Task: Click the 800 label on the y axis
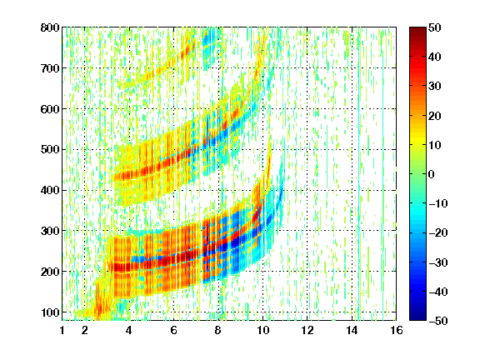pos(50,27)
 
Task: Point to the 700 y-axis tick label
pos(50,68)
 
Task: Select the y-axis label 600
pos(50,109)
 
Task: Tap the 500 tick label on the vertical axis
pos(50,150)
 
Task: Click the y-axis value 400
pos(50,190)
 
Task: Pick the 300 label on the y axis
pos(50,231)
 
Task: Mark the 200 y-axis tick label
pos(50,272)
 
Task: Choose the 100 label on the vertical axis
pos(50,312)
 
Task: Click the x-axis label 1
pos(62,330)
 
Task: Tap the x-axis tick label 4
pos(129,330)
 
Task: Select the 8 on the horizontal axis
pos(218,330)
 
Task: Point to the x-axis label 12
pos(307,330)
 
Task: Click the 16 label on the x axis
pos(396,330)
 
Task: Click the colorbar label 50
pos(435,27)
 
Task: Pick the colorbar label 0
pos(432,174)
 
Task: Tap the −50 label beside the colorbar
pos(438,321)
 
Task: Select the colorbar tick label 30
pos(435,86)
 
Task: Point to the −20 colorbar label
pos(438,232)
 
